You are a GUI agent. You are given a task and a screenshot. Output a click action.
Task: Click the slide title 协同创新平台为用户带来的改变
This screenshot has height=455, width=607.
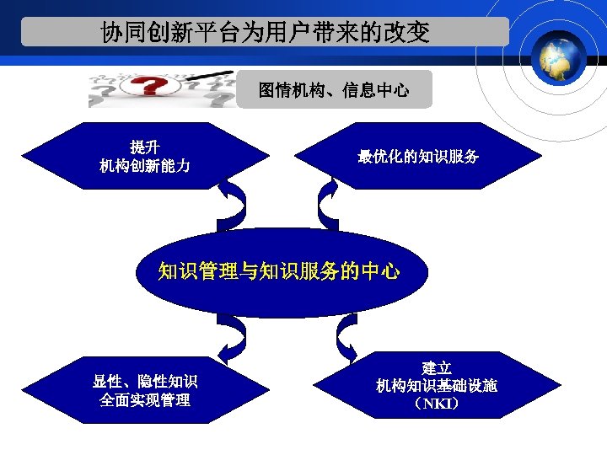(x=265, y=33)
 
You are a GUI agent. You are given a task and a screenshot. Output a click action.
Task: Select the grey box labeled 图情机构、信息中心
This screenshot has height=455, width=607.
(x=334, y=90)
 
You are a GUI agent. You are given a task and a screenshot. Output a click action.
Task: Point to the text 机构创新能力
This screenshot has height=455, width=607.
(x=144, y=166)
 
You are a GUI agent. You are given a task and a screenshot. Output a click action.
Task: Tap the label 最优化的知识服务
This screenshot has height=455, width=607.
(x=418, y=157)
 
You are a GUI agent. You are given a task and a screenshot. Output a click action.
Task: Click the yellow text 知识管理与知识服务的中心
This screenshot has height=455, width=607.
(x=279, y=271)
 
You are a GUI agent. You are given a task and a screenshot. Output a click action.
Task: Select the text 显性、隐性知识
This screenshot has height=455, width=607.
(x=145, y=382)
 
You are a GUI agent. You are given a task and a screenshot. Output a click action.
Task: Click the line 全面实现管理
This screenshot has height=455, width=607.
(x=145, y=401)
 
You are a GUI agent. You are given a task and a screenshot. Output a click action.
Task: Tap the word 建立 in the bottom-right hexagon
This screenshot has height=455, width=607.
(x=437, y=367)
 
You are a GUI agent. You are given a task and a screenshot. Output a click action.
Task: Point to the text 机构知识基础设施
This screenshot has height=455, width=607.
(x=437, y=386)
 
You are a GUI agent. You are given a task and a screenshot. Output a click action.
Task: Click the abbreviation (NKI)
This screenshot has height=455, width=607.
(x=437, y=404)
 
